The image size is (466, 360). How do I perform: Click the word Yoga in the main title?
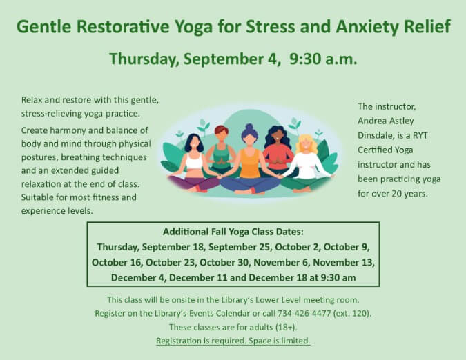193,27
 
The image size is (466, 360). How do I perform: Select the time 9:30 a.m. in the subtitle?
323,59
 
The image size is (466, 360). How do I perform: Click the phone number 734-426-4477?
304,313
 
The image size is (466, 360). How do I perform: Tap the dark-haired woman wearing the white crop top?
194,163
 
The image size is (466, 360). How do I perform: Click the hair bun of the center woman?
249,127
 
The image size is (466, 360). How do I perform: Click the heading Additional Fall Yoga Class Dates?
233,232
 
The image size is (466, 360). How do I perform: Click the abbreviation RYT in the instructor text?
420,136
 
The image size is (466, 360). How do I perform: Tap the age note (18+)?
286,327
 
